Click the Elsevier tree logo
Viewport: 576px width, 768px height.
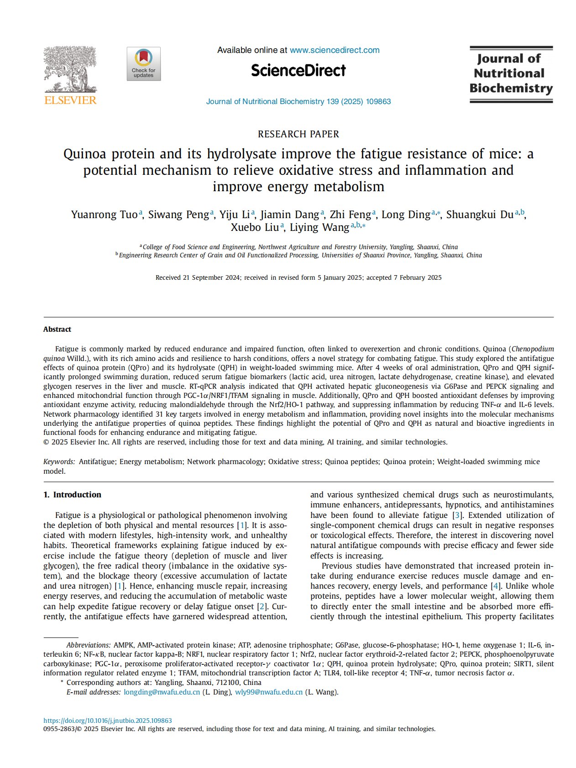coord(70,69)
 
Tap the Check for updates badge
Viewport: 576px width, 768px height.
coord(144,64)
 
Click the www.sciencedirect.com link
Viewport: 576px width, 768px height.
coord(335,50)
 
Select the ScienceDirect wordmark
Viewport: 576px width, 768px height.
coord(298,70)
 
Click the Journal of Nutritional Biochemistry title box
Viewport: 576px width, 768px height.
coord(511,74)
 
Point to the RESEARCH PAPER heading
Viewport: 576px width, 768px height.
coord(298,134)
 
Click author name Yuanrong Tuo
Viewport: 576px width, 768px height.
coord(104,215)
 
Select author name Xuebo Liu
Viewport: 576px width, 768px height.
coord(255,228)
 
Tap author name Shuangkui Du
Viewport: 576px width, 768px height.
coord(480,215)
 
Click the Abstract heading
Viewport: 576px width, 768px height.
coord(57,329)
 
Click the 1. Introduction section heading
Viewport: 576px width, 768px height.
coord(72,495)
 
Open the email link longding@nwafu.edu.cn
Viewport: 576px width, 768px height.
coord(162,692)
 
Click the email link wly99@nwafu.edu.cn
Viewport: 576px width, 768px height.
coord(269,692)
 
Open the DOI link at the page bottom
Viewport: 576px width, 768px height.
coord(108,721)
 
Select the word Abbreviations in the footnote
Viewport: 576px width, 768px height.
coord(88,645)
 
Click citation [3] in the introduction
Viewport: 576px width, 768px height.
coord(456,515)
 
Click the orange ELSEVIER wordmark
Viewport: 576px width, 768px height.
coord(70,100)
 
